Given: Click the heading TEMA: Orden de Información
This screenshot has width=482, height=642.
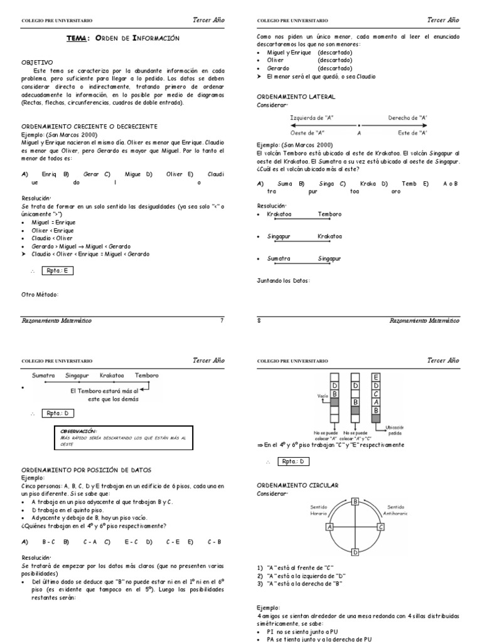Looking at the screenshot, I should pos(123,39).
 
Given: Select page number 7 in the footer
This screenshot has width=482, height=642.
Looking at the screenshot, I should pos(221,320).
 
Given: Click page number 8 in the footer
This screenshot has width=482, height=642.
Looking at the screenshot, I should pos(259,320).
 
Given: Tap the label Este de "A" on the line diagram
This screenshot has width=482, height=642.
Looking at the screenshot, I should pos(413,133).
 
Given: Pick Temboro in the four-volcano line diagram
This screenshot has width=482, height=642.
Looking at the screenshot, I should pos(147,376).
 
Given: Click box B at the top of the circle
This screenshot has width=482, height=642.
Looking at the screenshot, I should pos(355,502).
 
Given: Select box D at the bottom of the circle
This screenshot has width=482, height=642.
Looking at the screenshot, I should pos(355,552).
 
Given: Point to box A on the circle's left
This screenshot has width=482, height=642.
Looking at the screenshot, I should pos(329,527).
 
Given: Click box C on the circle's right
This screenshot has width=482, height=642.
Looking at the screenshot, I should pos(380,527).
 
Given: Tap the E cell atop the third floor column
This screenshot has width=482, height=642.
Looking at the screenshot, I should pos(375,377).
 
